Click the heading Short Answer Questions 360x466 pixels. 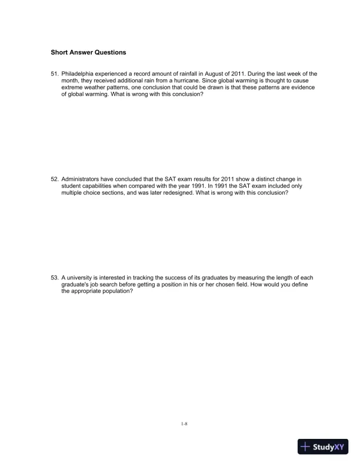coord(88,52)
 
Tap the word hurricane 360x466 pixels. coord(178,81)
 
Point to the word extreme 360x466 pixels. coord(73,87)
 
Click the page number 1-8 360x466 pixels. coord(184,422)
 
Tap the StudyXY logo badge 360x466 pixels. coord(323,447)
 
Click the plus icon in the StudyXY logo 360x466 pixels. coord(306,447)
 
